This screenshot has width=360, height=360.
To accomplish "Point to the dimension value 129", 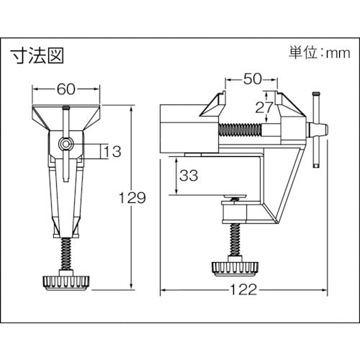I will (134, 196).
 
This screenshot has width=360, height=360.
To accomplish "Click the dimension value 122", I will (242, 291).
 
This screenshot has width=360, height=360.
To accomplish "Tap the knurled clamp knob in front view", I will (67, 279).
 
